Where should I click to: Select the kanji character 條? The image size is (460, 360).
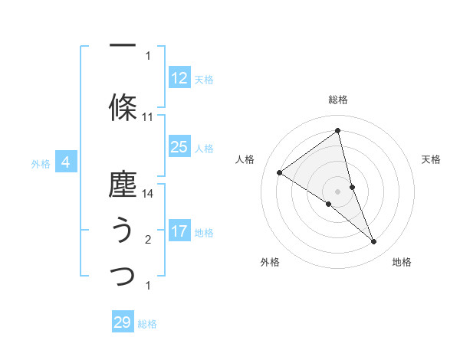pyautogui.click(x=123, y=106)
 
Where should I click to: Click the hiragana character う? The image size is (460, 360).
pyautogui.click(x=123, y=230)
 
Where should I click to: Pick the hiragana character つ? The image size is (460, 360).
pyautogui.click(x=123, y=276)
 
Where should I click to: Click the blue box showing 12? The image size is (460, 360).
pyautogui.click(x=179, y=78)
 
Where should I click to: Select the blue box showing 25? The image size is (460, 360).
pyautogui.click(x=179, y=147)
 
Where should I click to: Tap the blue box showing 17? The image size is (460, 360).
pyautogui.click(x=179, y=231)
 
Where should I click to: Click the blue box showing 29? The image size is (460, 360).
pyautogui.click(x=123, y=322)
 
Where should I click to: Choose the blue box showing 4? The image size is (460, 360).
pyautogui.click(x=66, y=162)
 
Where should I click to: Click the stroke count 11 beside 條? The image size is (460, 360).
pyautogui.click(x=148, y=117)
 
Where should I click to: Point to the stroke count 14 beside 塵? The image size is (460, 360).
pyautogui.click(x=148, y=194)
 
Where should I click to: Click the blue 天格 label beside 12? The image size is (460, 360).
pyautogui.click(x=204, y=80)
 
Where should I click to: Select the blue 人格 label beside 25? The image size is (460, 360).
pyautogui.click(x=204, y=149)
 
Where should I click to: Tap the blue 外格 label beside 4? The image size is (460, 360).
pyautogui.click(x=41, y=163)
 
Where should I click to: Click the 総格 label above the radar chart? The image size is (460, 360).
pyautogui.click(x=338, y=100)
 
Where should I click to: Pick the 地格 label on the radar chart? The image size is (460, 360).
pyautogui.click(x=402, y=263)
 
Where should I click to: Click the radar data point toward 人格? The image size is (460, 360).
pyautogui.click(x=280, y=172)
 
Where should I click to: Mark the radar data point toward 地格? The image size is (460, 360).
pyautogui.click(x=374, y=242)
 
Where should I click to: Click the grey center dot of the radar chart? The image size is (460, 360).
pyautogui.click(x=338, y=191)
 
